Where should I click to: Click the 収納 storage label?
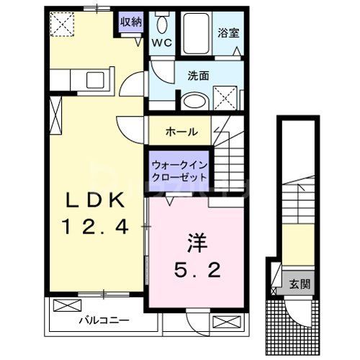(130, 22)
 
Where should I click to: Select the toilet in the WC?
(161, 24)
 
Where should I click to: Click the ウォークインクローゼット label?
(179, 170)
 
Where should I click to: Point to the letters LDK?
(99, 199)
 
